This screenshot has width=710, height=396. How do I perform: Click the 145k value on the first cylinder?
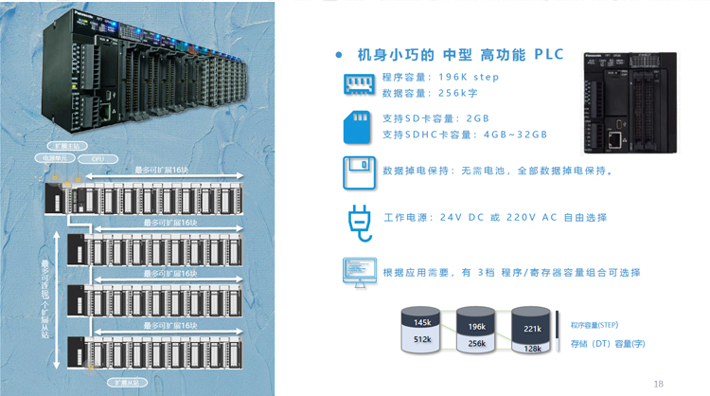point(422,324)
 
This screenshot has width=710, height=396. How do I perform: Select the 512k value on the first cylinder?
point(422,339)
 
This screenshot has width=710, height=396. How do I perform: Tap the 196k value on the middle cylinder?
point(476,327)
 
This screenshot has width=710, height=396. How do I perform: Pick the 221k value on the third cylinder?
point(531,329)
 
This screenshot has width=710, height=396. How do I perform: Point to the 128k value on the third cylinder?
point(532,349)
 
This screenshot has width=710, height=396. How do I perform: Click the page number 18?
point(658,384)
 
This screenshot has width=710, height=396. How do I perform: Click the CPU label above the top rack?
point(98,160)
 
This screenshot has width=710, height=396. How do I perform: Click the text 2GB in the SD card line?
point(477,119)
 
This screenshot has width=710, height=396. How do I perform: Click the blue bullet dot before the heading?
point(340,55)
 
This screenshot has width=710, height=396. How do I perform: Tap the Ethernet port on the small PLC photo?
point(616,139)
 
